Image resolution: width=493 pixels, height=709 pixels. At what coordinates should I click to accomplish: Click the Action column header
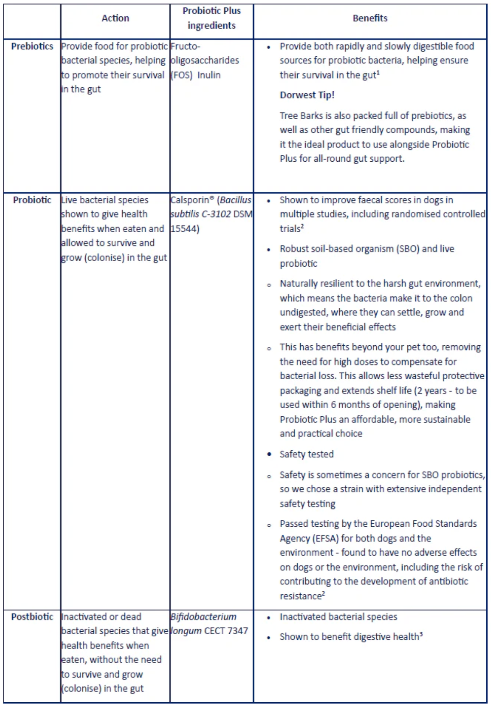(115, 18)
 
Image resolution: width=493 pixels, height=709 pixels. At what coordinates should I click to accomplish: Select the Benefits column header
(370, 18)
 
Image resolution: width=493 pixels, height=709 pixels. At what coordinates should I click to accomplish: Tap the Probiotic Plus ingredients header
(212, 18)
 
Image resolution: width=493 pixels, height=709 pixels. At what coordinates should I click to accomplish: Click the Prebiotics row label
(32, 46)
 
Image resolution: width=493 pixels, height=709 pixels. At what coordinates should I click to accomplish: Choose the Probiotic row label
(32, 200)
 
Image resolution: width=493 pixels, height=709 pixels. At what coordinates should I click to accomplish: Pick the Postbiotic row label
(32, 617)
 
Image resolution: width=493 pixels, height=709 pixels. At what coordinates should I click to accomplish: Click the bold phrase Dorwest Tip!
(307, 95)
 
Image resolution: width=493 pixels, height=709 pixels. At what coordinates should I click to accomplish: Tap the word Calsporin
(190, 200)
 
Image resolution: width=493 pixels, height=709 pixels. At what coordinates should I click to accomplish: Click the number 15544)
(185, 229)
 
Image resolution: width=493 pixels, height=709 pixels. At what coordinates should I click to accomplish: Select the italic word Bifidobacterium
(203, 617)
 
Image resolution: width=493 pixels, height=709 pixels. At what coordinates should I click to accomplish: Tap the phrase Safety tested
(307, 454)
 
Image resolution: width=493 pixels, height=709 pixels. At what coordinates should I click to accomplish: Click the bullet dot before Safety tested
(269, 454)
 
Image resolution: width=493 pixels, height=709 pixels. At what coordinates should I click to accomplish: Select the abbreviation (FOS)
(181, 75)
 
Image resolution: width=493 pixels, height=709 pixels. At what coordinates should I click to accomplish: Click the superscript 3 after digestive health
(421, 634)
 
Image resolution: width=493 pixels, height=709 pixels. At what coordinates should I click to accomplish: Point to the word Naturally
(299, 284)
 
